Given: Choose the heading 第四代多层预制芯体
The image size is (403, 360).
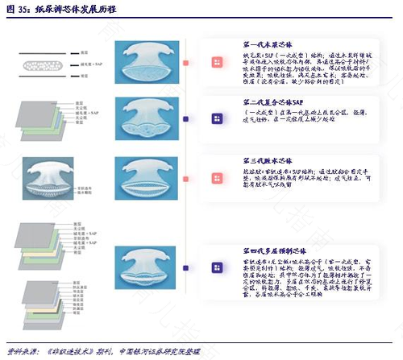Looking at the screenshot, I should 274,230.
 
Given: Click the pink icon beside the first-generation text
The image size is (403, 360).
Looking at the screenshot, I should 216,62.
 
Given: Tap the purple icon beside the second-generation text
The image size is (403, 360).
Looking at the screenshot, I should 216,118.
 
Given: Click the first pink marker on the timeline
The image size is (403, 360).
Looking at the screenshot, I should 185,62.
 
